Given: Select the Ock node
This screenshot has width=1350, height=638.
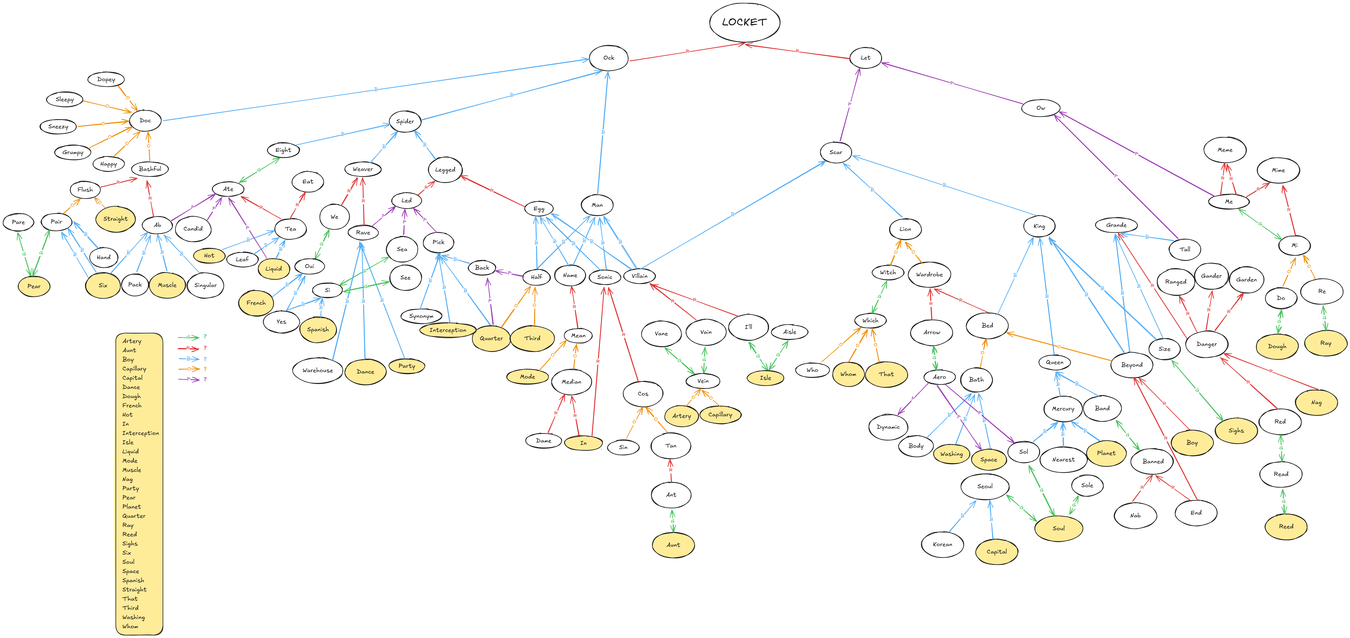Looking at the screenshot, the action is click(x=609, y=58).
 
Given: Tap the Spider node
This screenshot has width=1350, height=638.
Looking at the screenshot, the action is click(x=405, y=121).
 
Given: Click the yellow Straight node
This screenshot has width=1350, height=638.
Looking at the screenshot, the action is click(x=115, y=219).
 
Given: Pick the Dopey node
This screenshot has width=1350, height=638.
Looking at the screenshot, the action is click(x=106, y=80).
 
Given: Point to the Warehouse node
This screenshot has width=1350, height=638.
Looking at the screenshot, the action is click(x=318, y=370).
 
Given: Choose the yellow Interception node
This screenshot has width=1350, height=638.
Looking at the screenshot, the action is click(x=448, y=330).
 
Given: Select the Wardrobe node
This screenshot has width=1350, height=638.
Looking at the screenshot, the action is click(x=929, y=274).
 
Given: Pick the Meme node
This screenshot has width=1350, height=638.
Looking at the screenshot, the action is click(x=1225, y=150).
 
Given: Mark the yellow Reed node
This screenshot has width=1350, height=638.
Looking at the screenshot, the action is click(x=1286, y=526).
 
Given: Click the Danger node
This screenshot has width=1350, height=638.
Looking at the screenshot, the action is click(x=1206, y=344).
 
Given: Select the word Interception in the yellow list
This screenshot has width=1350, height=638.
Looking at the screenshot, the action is click(x=140, y=433).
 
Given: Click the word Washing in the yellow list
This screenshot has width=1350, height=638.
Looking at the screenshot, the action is click(x=134, y=617).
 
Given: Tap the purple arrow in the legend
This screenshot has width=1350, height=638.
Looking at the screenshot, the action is click(x=189, y=379).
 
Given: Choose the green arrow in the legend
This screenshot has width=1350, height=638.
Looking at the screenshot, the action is click(x=189, y=337).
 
